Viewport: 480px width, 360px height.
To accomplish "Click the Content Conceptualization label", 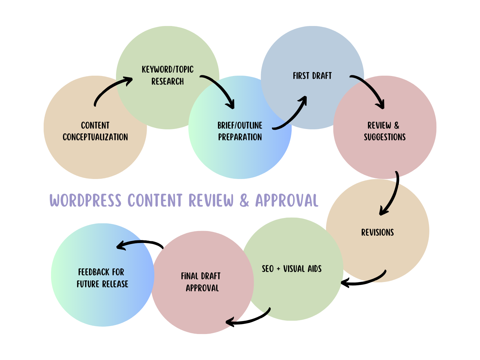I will pyautogui.click(x=95, y=131).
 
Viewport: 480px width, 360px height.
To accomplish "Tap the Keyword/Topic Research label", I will pyautogui.click(x=168, y=75).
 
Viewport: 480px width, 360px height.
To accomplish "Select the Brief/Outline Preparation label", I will pyautogui.click(x=240, y=131).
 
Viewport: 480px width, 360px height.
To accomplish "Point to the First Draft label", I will pyautogui.click(x=312, y=76).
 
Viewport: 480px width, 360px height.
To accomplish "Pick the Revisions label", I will pyautogui.click(x=377, y=232).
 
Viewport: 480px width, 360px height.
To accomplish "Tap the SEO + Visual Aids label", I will pyautogui.click(x=292, y=269).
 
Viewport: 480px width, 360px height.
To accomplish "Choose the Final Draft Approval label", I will pyautogui.click(x=201, y=282).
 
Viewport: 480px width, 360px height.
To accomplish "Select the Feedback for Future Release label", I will pyautogui.click(x=102, y=278).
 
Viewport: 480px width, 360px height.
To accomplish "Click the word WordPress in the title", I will pyautogui.click(x=85, y=201).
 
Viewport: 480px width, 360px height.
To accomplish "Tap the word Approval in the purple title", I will pyautogui.click(x=287, y=201).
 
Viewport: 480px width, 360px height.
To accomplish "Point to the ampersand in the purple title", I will pyautogui.click(x=244, y=201).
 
